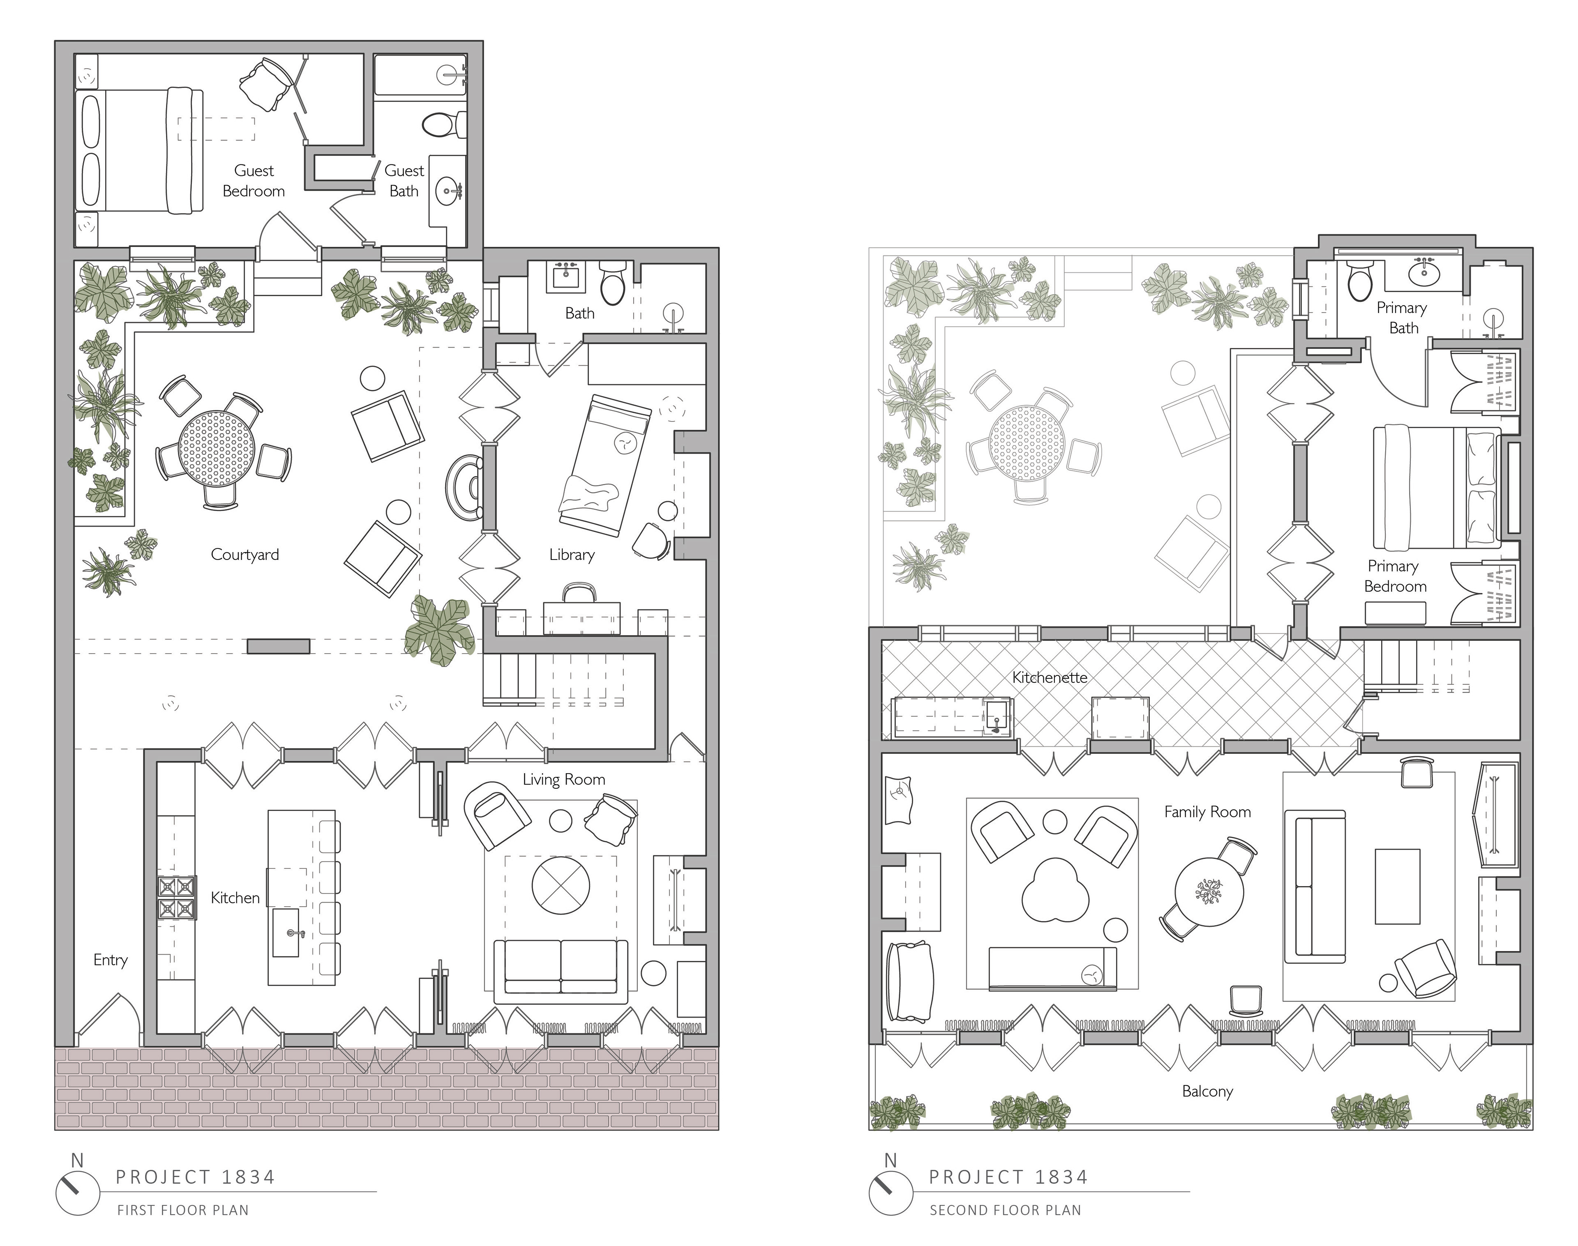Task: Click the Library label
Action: [572, 555]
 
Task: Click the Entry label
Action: [110, 960]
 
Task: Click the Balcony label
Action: [1207, 1092]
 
